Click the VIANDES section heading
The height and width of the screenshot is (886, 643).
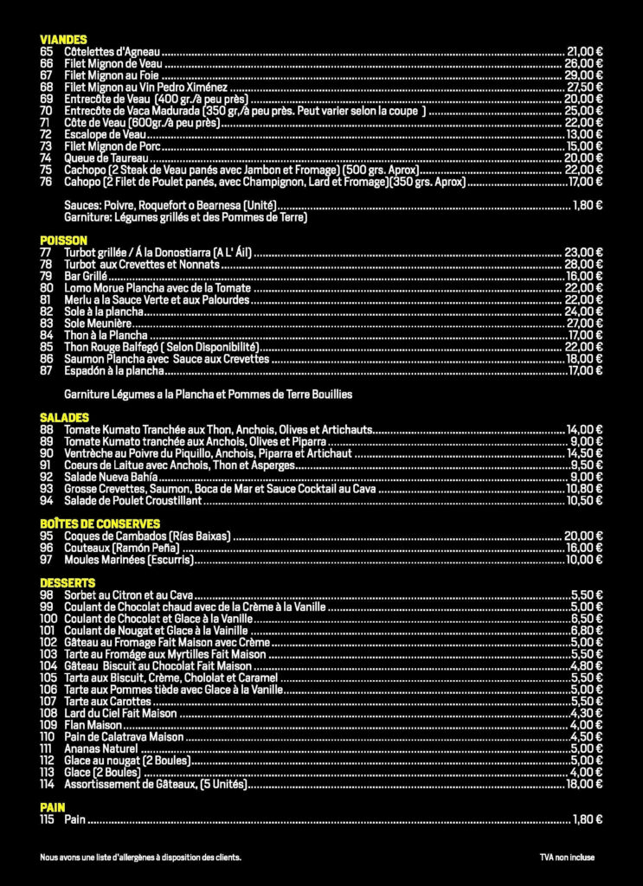click(x=63, y=40)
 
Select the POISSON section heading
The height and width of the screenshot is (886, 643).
click(x=63, y=240)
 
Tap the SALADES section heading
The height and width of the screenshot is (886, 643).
click(x=64, y=418)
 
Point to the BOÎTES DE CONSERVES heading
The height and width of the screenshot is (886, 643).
click(x=100, y=524)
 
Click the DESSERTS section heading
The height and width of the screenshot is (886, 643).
click(x=68, y=583)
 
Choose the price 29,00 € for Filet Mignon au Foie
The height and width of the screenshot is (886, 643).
click(x=584, y=75)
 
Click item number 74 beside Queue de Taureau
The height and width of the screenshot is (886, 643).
click(x=46, y=158)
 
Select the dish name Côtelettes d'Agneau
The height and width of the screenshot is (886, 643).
click(x=113, y=52)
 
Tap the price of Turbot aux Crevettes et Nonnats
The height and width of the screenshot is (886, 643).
click(x=584, y=264)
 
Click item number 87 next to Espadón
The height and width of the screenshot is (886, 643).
click(x=47, y=370)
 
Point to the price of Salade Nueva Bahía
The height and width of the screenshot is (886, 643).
click(x=587, y=477)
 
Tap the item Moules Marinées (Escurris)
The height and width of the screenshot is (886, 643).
click(x=128, y=560)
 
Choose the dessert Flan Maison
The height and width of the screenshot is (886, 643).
click(x=93, y=725)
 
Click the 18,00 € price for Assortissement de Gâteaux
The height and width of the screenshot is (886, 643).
click(x=584, y=785)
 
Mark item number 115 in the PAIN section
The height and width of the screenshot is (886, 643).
click(x=47, y=819)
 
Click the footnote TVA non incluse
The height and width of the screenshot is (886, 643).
click(x=567, y=857)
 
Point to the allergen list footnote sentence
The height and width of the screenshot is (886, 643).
click(x=140, y=857)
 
